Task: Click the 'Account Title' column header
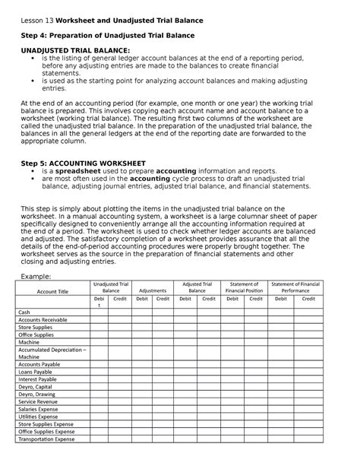(x=52, y=291)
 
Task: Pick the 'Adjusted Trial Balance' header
(x=197, y=287)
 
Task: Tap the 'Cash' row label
(x=24, y=312)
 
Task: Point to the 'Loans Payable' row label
(x=36, y=372)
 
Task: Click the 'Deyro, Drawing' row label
(x=37, y=396)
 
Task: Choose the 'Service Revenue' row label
(x=39, y=404)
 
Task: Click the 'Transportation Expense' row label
(x=48, y=440)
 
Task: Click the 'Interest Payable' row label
(x=39, y=379)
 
